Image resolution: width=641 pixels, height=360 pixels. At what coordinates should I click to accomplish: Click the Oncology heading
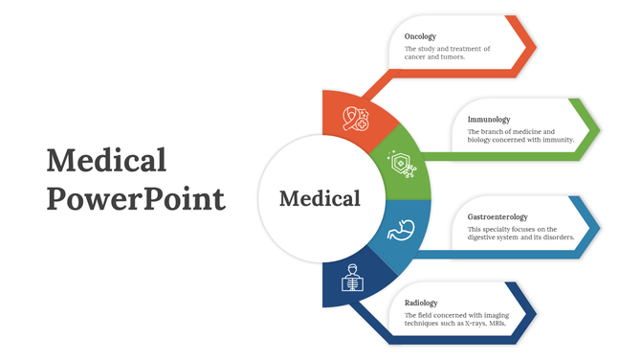point(422,36)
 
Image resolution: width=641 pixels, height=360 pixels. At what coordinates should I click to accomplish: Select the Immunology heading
point(489,120)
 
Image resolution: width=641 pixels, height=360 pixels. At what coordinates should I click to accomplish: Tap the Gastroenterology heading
point(497,217)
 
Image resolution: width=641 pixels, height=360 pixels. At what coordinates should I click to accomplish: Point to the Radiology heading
point(421,303)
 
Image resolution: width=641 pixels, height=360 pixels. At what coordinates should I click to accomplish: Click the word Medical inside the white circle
point(320,199)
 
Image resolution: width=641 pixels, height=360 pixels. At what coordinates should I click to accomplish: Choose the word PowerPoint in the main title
point(136,198)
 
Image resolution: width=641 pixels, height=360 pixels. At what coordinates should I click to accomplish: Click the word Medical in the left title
point(106,160)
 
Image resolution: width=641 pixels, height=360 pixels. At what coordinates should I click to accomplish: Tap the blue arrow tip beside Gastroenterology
point(594,227)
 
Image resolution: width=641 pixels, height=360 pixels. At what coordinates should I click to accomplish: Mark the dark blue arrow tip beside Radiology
point(529,313)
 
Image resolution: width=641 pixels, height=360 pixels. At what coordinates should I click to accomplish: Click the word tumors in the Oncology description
point(452,56)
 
